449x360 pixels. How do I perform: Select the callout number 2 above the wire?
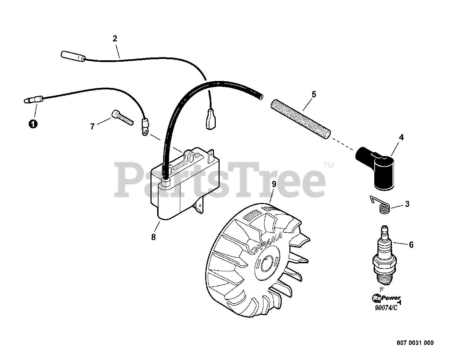[x=115, y=39]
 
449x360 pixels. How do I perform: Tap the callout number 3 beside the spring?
[x=407, y=204]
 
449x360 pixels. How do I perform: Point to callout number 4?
[x=401, y=137]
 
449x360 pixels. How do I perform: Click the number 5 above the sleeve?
[x=314, y=94]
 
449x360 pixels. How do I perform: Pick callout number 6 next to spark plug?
[x=411, y=245]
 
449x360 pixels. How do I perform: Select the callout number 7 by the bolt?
[x=92, y=127]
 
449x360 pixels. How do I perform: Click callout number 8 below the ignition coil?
[x=153, y=237]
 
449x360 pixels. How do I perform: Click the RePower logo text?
[x=386, y=298]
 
